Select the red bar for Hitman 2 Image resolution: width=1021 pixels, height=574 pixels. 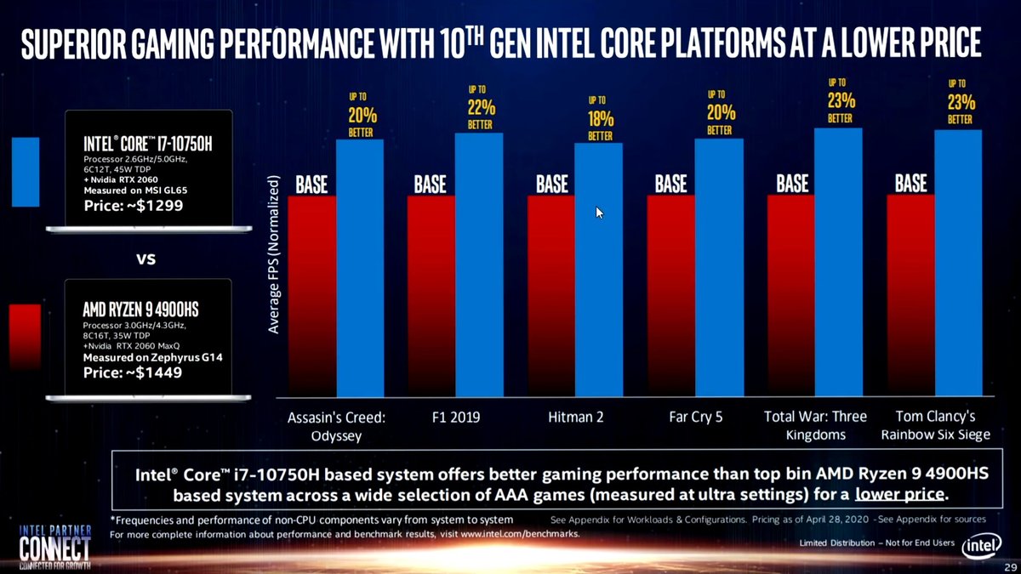[x=551, y=298]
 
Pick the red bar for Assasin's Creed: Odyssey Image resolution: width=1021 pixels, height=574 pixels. [x=312, y=298]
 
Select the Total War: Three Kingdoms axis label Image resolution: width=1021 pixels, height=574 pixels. [x=814, y=425]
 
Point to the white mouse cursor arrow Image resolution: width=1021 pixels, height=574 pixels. [x=600, y=212]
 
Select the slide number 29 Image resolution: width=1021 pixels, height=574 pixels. [x=1008, y=566]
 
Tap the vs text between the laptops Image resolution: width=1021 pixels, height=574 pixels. [x=145, y=257]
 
